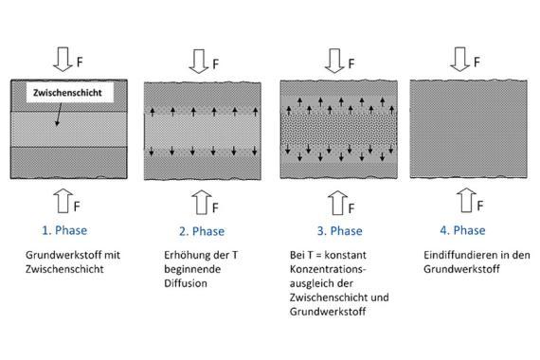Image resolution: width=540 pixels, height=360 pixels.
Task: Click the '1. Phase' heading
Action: pos(64,230)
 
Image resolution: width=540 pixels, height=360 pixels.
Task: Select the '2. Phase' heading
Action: pos(202,231)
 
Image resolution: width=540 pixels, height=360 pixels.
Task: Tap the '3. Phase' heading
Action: pos(339,231)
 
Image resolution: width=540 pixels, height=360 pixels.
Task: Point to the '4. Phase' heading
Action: pos(462,230)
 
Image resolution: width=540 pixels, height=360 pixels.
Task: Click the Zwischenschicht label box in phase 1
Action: pos(70,92)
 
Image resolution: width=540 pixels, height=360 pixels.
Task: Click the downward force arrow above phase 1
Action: pos(63,60)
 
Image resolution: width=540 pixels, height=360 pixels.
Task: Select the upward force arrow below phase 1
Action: pos(63,201)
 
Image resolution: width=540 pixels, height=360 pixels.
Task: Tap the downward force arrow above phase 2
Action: pos(199,62)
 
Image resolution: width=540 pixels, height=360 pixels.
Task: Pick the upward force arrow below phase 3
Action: pos(337,203)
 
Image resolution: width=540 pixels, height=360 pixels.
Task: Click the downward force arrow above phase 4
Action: pos(459,60)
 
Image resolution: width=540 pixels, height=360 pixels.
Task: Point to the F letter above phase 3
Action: pos(351,63)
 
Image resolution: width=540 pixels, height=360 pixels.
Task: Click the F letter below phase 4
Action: pos(480,206)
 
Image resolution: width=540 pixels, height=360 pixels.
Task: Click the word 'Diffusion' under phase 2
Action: pos(186,283)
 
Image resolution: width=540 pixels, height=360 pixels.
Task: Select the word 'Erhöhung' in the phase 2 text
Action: pos(184,255)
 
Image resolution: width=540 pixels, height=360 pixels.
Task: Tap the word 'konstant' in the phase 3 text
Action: pos(346,255)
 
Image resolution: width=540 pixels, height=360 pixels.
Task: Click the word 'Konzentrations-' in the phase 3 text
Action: pos(328,269)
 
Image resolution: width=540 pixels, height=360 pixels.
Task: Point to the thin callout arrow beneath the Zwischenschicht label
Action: pos(59,115)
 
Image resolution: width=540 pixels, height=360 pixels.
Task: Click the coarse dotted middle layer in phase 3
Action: pos(339,130)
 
